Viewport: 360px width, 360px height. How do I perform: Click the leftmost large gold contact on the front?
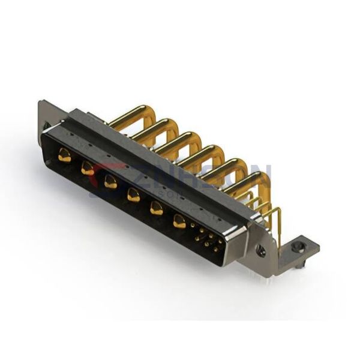64,157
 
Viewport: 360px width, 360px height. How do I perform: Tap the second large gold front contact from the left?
88,168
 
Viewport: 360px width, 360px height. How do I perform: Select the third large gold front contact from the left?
110,181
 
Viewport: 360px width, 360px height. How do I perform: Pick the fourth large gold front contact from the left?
133,194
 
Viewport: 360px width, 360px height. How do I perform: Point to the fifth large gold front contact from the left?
157,208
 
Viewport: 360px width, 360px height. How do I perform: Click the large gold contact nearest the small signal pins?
179,221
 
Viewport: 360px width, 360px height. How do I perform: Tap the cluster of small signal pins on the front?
206,238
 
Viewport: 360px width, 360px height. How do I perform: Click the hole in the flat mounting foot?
298,247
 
